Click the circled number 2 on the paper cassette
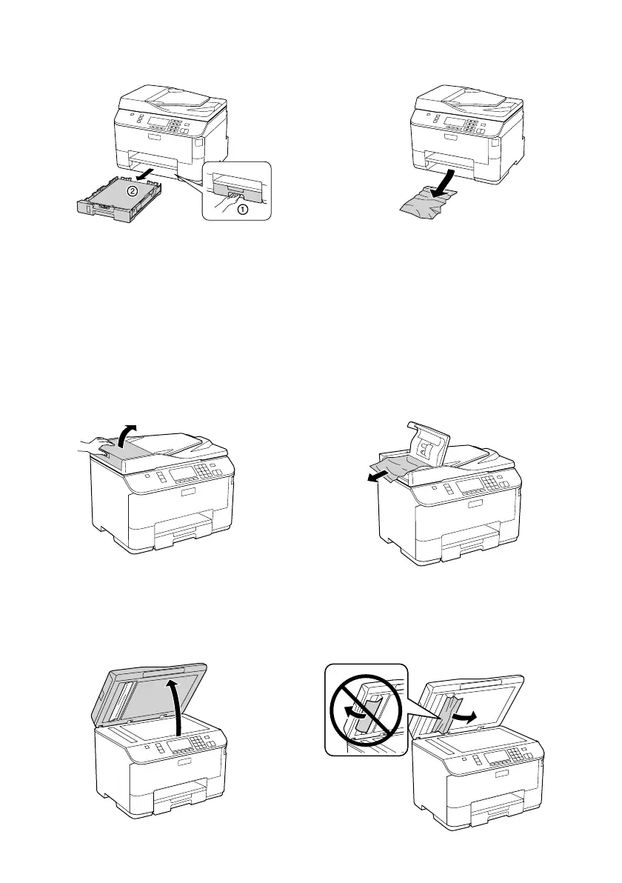pos(130,190)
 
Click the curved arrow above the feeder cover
pos(127,434)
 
